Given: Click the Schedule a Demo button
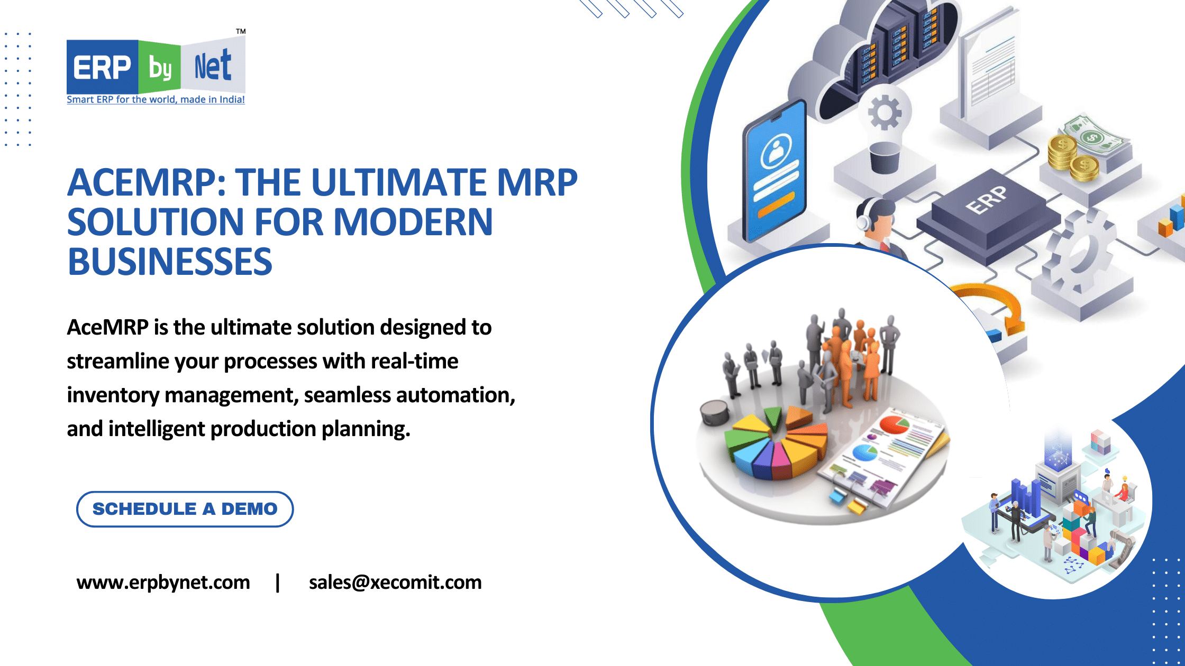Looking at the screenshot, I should pos(185,509).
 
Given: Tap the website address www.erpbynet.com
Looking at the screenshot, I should pos(163,582).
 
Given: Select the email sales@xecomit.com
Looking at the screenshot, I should pos(395,582).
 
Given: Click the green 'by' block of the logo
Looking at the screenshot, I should pos(160,68).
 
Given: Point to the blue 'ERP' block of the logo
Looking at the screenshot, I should pos(102,68).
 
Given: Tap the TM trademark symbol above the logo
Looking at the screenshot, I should pos(241,32).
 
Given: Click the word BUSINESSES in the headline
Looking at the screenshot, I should pos(170,262).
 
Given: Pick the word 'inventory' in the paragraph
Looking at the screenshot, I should pos(113,395).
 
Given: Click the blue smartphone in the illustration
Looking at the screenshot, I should pos(776,169).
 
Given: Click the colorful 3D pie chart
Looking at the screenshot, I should pos(775,444).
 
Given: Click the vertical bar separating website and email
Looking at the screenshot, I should pos(278,582).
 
